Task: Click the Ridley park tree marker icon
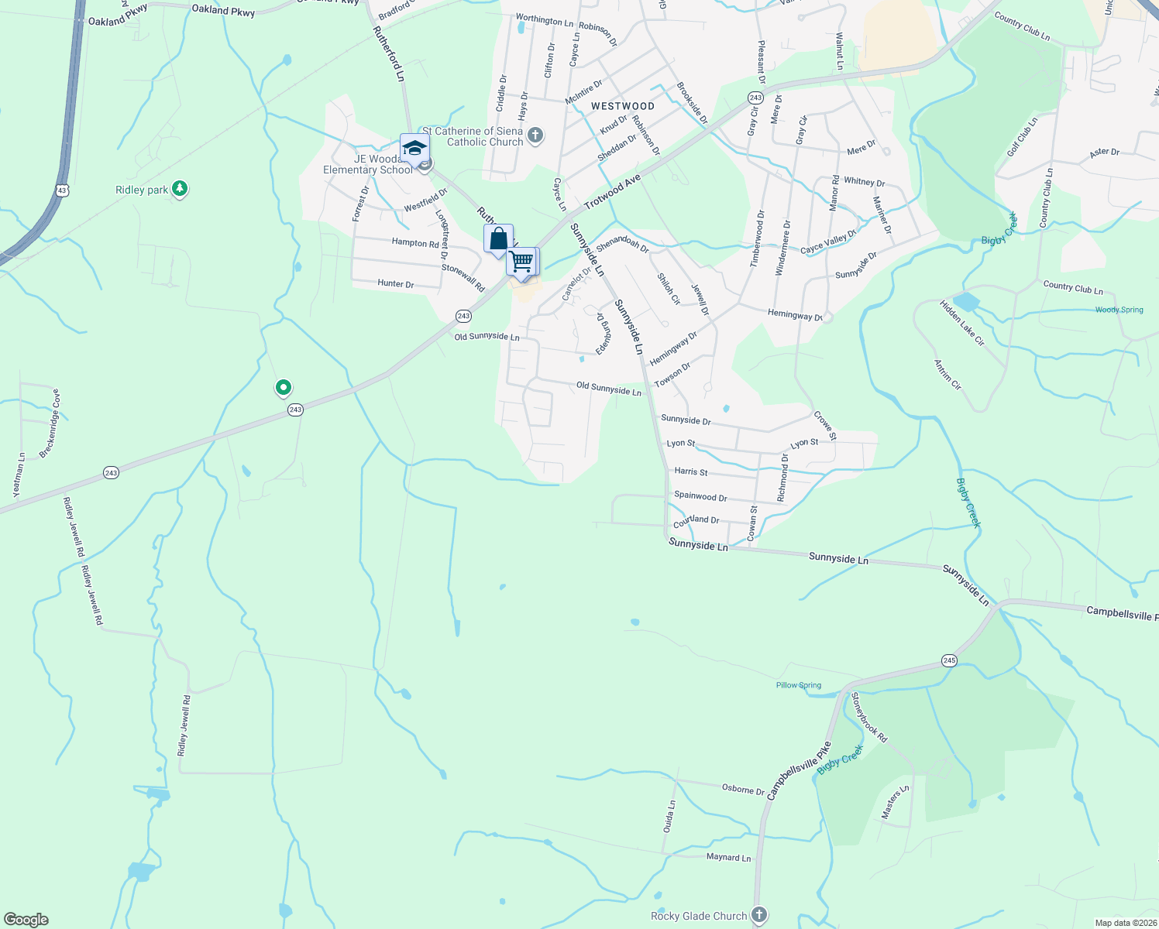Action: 180,188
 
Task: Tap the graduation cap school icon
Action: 414,148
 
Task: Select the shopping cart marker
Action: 521,262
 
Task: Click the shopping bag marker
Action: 498,238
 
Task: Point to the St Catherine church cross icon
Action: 535,137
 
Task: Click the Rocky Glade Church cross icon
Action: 759,915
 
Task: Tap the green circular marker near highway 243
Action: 284,387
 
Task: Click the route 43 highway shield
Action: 62,189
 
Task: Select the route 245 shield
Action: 950,660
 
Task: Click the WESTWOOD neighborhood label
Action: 623,106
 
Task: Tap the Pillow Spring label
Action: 799,685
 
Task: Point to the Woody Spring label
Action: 1119,310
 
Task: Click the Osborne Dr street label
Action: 743,790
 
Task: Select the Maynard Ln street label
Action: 728,858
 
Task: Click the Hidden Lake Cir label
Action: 961,323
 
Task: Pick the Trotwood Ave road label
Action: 612,191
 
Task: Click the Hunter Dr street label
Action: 395,284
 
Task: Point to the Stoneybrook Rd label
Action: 869,717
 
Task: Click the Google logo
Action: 26,920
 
